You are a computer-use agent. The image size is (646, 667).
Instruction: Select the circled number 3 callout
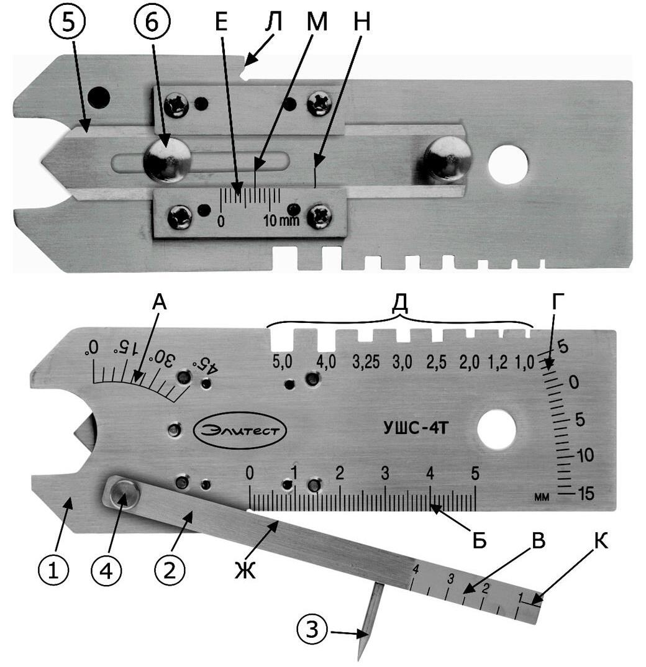pyautogui.click(x=312, y=628)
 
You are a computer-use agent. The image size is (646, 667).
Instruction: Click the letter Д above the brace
pyautogui.click(x=399, y=302)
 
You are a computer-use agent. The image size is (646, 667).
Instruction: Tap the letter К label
pyautogui.click(x=599, y=542)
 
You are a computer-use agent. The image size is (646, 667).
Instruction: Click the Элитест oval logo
pyautogui.click(x=240, y=430)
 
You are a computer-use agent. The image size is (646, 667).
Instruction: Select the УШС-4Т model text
pyautogui.click(x=416, y=427)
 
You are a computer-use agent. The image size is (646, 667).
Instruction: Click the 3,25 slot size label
pyautogui.click(x=366, y=361)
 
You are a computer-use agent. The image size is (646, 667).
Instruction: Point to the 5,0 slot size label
pyautogui.click(x=282, y=361)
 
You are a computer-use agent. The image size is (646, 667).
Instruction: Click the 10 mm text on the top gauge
pyautogui.click(x=281, y=220)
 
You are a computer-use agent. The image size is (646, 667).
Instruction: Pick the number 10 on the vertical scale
pyautogui.click(x=585, y=455)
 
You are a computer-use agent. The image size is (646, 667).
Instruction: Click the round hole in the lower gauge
pyautogui.click(x=497, y=429)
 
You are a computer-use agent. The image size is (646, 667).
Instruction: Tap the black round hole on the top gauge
pyautogui.click(x=98, y=98)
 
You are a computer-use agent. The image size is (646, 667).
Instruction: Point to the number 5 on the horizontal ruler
pyautogui.click(x=475, y=473)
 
